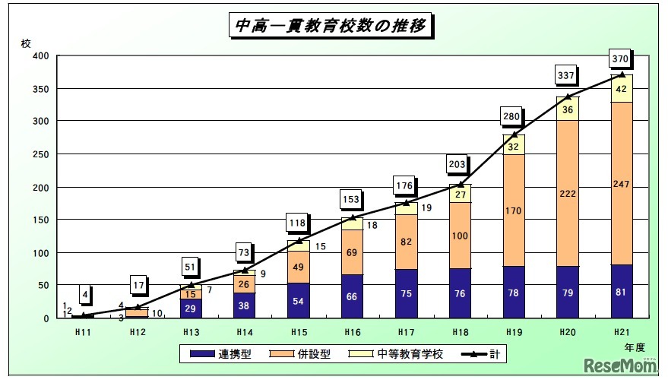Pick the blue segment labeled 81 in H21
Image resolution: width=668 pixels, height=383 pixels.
tap(622, 291)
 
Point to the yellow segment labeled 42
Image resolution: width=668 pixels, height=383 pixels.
tap(622, 89)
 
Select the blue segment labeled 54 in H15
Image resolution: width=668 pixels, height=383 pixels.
tap(299, 301)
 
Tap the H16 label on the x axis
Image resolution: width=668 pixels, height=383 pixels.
tap(353, 333)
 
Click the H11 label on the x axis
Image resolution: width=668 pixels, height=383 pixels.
tap(84, 333)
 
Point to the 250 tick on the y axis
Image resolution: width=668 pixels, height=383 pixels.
tap(41, 154)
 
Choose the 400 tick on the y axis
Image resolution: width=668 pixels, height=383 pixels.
tap(41, 56)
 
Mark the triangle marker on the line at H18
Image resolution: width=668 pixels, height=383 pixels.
tap(461, 185)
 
